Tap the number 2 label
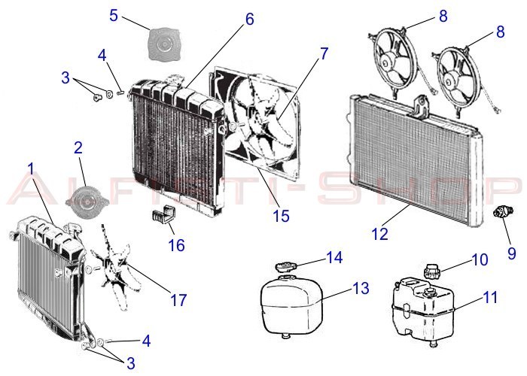pyautogui.click(x=78, y=147)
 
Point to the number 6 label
pyautogui.click(x=248, y=20)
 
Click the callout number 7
pyautogui.click(x=324, y=54)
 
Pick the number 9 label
pyautogui.click(x=511, y=253)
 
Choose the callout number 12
pyautogui.click(x=380, y=234)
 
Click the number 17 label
pyautogui.click(x=178, y=300)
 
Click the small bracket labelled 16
pyautogui.click(x=160, y=217)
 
